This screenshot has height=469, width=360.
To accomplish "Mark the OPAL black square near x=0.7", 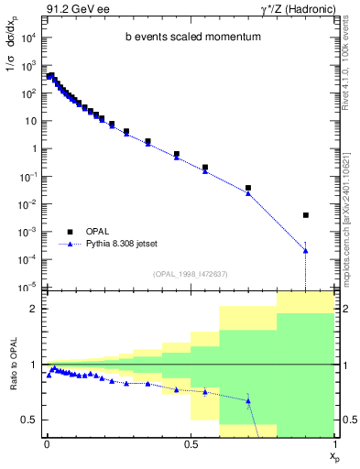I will (248, 188).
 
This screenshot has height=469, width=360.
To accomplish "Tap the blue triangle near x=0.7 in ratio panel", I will (248, 400).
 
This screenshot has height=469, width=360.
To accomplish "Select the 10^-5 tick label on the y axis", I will (29, 287).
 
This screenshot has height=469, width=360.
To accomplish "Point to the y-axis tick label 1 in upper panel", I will (35, 148).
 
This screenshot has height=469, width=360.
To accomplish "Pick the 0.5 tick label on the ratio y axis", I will (32, 420).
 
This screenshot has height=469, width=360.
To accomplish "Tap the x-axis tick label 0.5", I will (191, 442).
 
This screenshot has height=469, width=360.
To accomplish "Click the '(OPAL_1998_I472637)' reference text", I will (191, 274).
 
